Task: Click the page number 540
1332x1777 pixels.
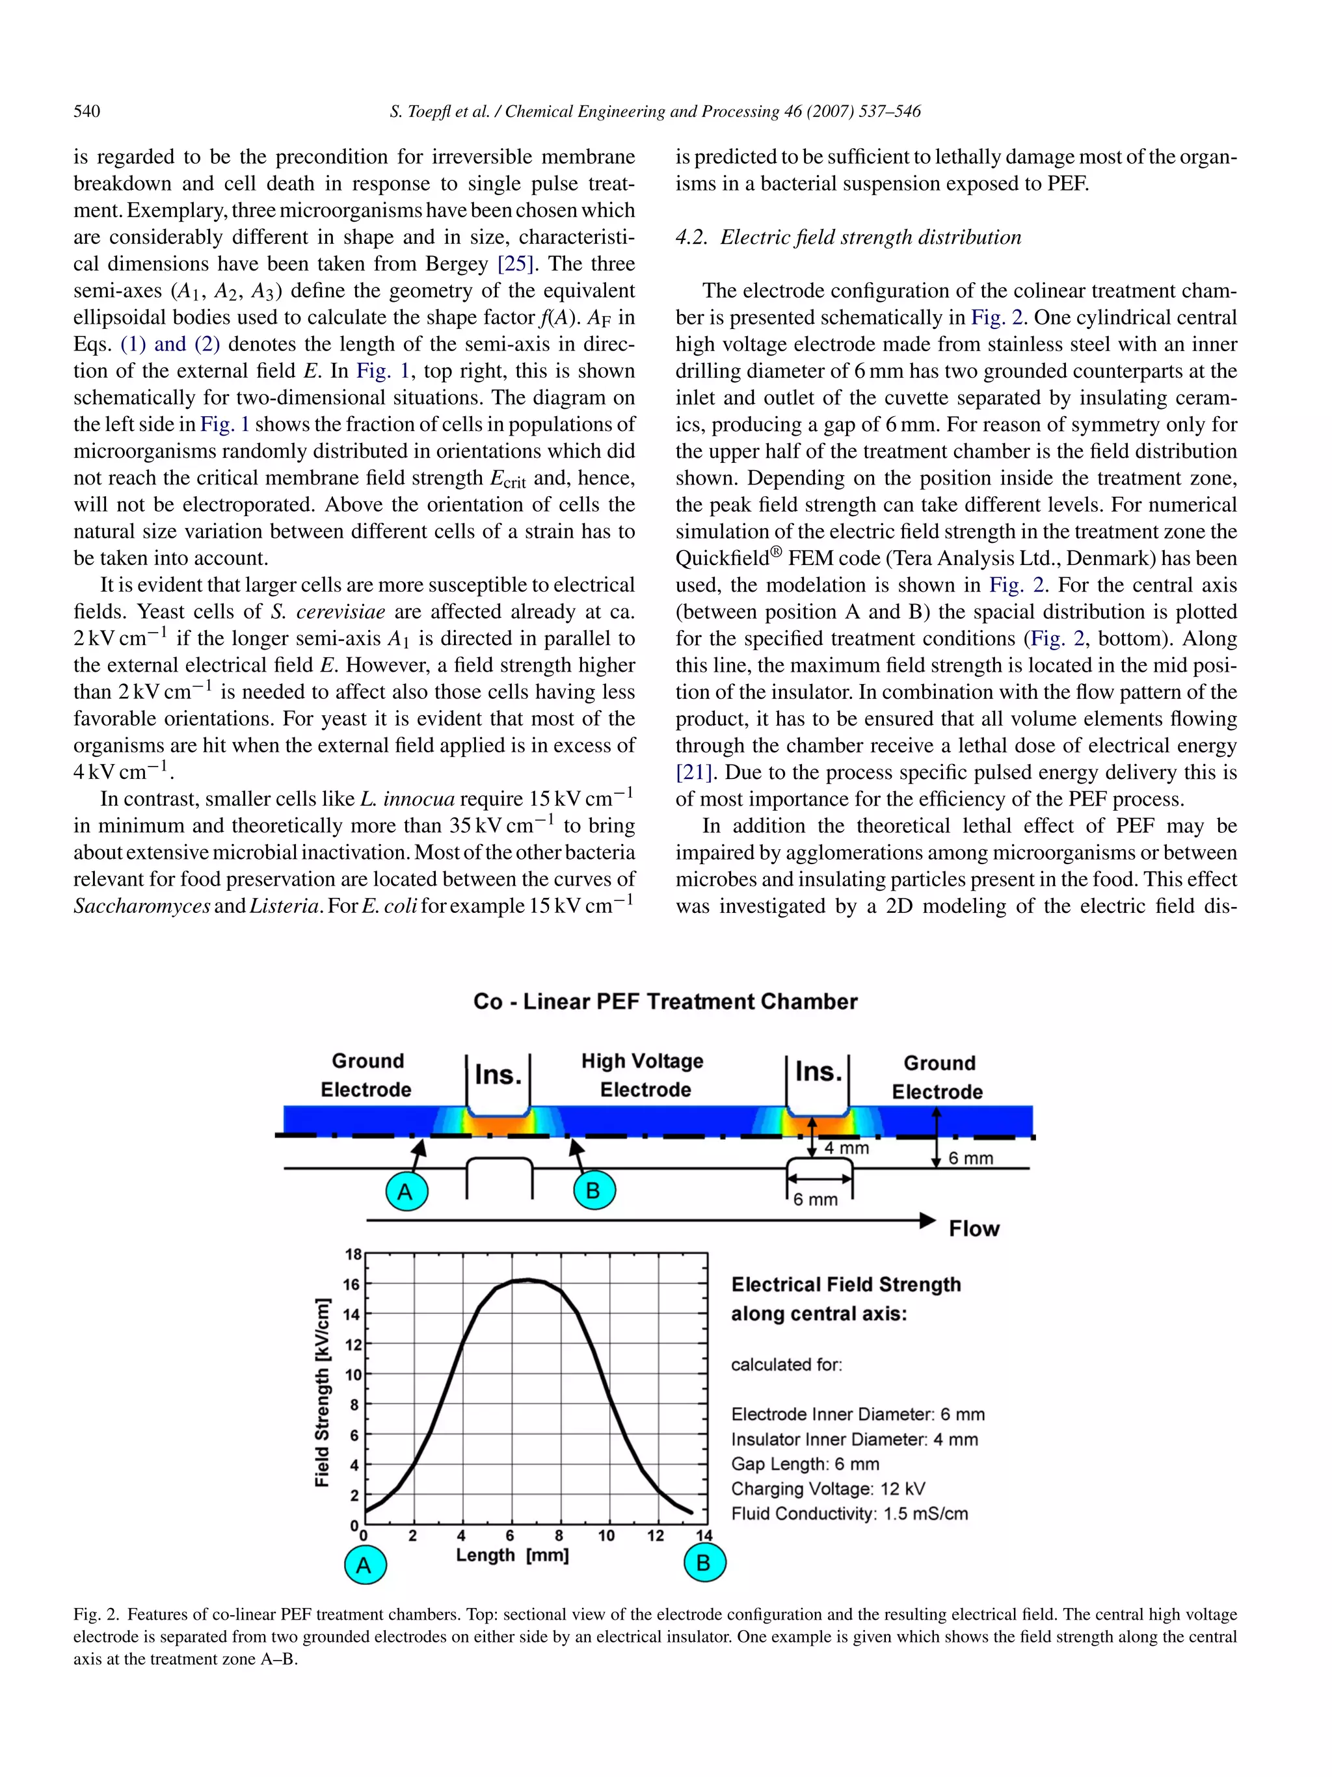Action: (x=87, y=112)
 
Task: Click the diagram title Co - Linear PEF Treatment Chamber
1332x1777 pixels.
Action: (x=665, y=1002)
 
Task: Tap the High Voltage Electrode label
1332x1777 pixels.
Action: (x=643, y=1075)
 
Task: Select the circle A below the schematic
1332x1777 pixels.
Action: (x=406, y=1191)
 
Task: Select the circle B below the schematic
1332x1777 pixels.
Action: (x=594, y=1191)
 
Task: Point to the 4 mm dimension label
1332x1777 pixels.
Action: (x=846, y=1148)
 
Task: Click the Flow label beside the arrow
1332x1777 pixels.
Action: (x=974, y=1228)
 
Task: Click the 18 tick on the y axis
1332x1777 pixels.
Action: (x=353, y=1254)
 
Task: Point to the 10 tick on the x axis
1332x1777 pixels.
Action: (x=607, y=1535)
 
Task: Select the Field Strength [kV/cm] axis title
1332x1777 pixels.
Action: (x=322, y=1392)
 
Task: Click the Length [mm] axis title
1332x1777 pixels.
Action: (x=513, y=1555)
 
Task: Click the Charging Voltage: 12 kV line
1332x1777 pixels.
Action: (x=827, y=1488)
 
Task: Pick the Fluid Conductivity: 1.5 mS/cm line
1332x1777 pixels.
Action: (x=849, y=1514)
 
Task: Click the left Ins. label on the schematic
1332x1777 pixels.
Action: (x=498, y=1074)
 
